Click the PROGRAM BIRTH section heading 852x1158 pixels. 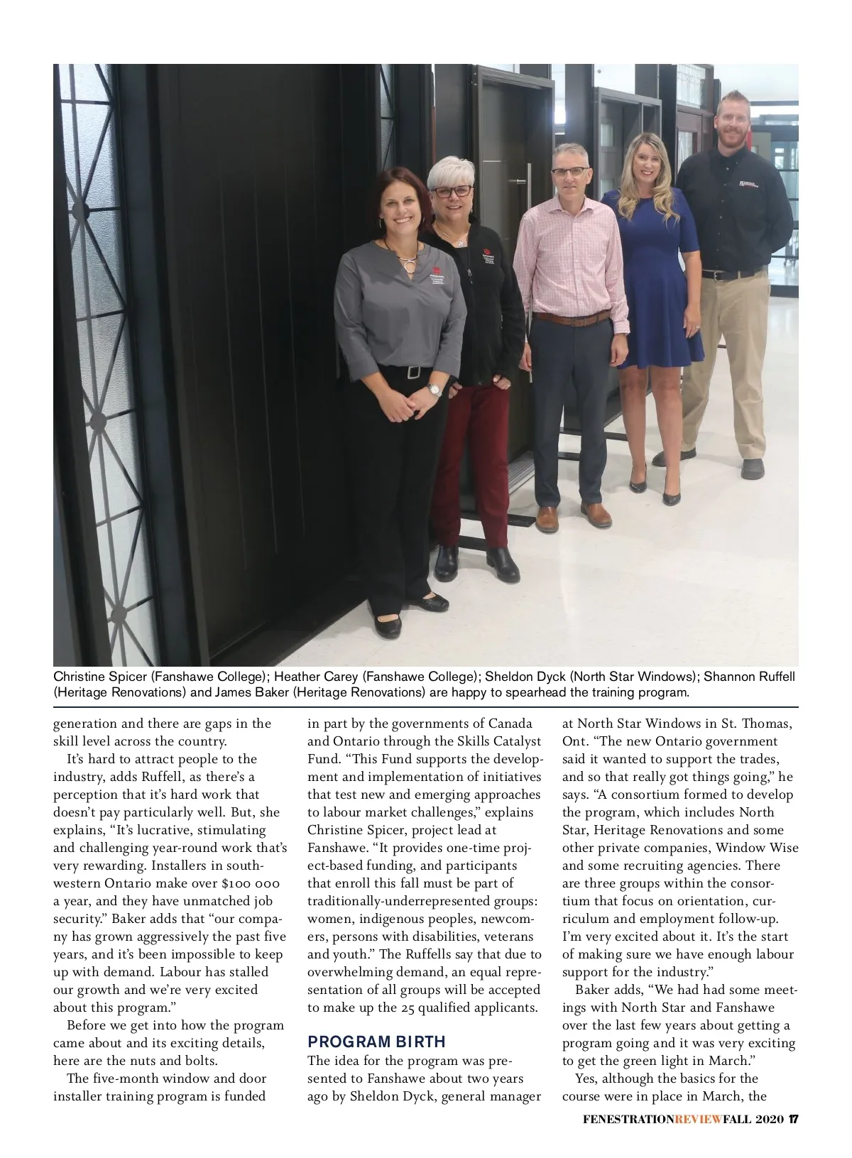click(376, 1042)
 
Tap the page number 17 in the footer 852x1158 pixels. click(794, 1120)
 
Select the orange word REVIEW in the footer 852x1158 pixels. click(698, 1120)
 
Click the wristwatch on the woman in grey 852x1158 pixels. click(434, 389)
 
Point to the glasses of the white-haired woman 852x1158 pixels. click(452, 191)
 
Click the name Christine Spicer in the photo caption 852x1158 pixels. click(100, 676)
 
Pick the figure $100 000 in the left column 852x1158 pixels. click(251, 883)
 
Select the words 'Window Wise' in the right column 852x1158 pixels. click(757, 848)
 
